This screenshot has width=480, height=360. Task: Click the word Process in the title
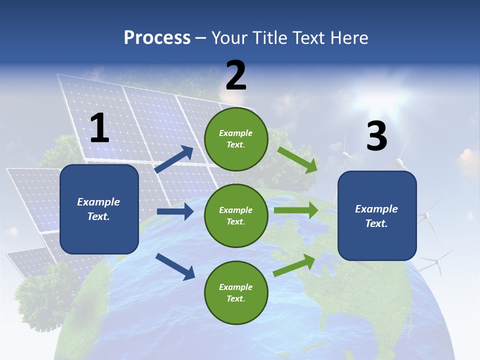(x=157, y=37)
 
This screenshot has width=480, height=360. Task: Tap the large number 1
(x=99, y=128)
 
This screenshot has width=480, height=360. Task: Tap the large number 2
(x=236, y=75)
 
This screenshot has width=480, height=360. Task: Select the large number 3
(x=376, y=136)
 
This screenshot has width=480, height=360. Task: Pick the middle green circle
(x=236, y=215)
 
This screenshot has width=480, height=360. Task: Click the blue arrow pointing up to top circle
(x=174, y=159)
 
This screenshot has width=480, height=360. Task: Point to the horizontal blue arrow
(x=175, y=212)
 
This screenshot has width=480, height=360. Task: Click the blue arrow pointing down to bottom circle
(x=175, y=265)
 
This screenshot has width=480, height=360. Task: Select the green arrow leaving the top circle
(x=297, y=159)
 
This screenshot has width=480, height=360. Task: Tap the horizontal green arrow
(x=296, y=210)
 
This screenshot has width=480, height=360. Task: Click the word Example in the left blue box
(x=98, y=202)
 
